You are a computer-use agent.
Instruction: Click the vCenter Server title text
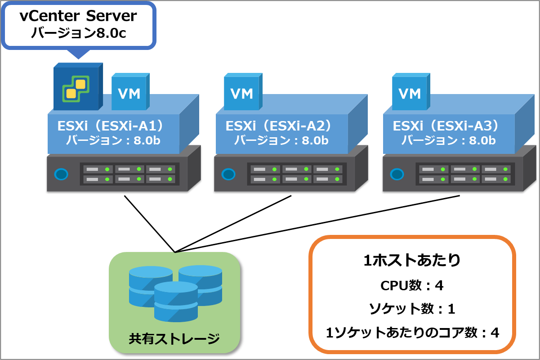click(78, 16)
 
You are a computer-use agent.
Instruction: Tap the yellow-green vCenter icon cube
click(78, 86)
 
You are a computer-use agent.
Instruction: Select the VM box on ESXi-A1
click(130, 92)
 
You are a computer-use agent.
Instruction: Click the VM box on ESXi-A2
click(243, 92)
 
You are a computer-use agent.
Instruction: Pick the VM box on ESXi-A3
click(411, 92)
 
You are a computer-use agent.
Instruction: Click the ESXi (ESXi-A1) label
click(111, 126)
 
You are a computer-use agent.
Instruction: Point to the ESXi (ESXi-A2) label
click(278, 126)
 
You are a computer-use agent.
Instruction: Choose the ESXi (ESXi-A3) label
click(446, 126)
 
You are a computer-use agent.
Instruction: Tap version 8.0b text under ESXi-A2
click(281, 140)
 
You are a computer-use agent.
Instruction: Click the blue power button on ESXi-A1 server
click(61, 174)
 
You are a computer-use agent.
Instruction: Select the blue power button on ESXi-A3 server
click(397, 174)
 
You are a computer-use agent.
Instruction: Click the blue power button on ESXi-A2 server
click(228, 174)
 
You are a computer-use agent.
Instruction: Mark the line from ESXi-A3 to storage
click(317, 224)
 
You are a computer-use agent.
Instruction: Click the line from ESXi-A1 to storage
click(149, 224)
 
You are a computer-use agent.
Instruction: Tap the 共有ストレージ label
click(174, 338)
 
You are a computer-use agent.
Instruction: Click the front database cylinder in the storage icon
click(176, 302)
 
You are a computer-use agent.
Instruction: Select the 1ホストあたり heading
click(412, 261)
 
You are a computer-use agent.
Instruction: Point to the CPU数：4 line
click(412, 285)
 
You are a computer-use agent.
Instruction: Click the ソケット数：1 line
click(412, 309)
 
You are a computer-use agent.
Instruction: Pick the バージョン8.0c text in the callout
click(78, 33)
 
